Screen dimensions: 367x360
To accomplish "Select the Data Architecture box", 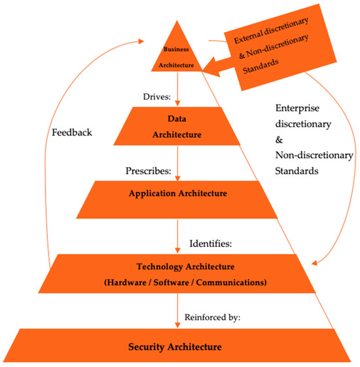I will (178, 126).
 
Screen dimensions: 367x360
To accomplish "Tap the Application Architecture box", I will (177, 194).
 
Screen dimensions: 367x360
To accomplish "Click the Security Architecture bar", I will (178, 345).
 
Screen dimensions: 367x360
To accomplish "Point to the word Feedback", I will (71, 132).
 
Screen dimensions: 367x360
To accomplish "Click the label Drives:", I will (156, 96).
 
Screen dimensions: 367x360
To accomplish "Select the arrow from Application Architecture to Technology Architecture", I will (178, 236).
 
